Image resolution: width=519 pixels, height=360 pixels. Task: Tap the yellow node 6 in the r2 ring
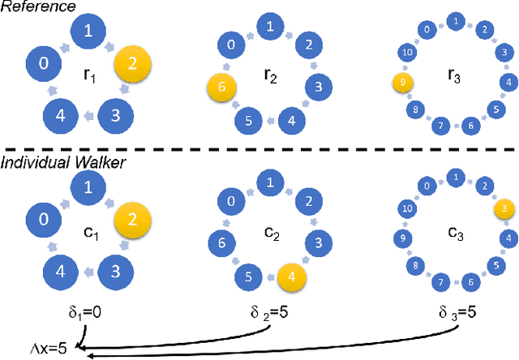point(219,86)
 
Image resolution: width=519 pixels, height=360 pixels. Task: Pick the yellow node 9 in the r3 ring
point(400,82)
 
